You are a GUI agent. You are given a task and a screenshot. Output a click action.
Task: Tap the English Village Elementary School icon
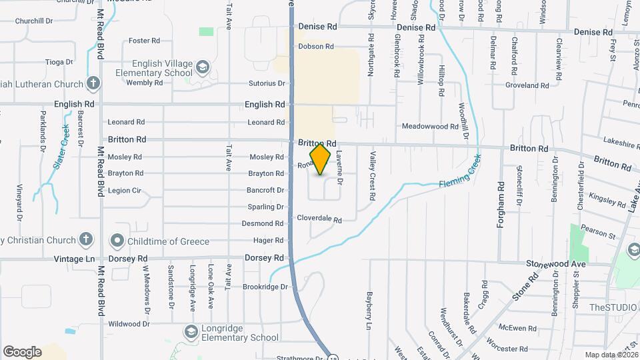click(x=202, y=67)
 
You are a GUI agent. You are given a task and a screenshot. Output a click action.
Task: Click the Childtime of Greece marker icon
click(x=117, y=240)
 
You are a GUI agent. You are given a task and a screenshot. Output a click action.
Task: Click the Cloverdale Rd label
click(x=319, y=219)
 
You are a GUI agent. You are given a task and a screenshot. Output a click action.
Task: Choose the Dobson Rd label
click(x=315, y=47)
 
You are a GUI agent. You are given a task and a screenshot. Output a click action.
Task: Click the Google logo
click(x=22, y=351)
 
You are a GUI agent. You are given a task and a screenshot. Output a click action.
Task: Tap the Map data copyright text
click(x=611, y=355)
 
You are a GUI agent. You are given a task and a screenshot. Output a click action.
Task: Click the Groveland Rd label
click(x=526, y=85)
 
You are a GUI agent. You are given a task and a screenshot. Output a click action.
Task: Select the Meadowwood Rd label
click(x=430, y=126)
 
